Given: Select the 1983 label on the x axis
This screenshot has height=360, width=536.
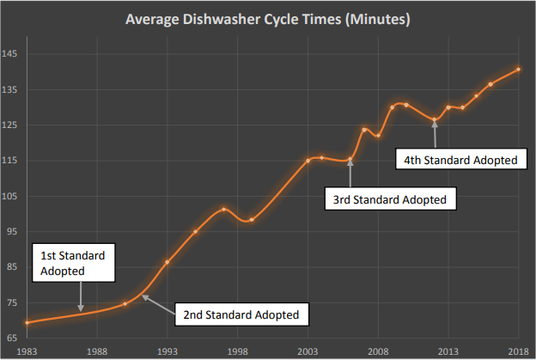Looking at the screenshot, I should [26, 351].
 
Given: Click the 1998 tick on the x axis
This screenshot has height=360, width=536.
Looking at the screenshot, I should [237, 351].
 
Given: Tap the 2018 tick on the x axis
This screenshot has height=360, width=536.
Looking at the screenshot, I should [518, 351].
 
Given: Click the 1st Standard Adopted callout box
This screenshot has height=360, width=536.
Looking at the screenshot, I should [73, 263].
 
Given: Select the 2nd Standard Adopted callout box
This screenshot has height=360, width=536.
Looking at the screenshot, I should [241, 314].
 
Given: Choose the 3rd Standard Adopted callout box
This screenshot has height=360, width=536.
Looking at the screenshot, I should [390, 199].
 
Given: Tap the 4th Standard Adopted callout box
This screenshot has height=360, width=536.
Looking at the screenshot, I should [460, 159].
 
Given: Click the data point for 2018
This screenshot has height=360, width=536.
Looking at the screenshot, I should [518, 70].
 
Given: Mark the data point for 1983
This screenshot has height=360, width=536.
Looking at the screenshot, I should [27, 322].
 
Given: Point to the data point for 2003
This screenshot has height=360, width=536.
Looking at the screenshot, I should [308, 161].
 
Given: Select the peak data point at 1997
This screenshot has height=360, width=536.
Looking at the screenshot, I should [223, 209].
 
